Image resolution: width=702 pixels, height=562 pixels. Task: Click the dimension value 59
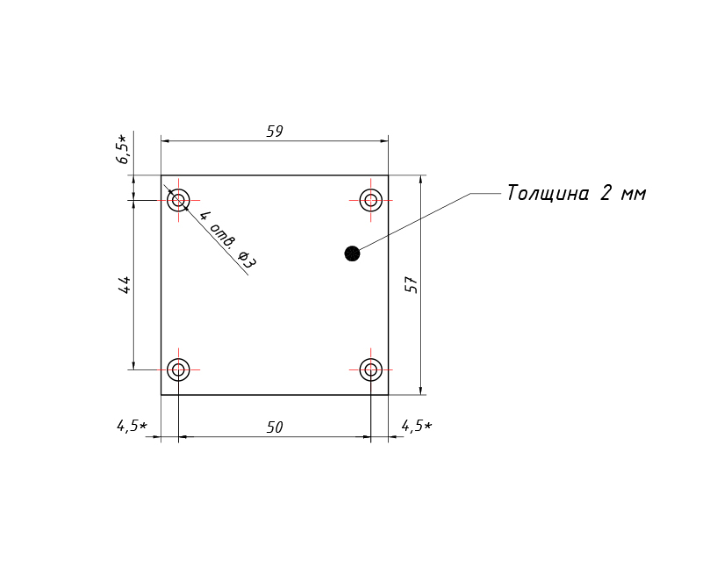tap(274, 131)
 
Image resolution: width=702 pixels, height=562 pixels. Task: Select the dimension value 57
tap(411, 285)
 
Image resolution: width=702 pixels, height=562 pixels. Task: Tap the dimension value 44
tap(124, 285)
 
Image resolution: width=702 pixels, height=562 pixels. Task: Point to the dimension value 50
tap(274, 427)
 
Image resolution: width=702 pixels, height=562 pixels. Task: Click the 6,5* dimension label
tap(122, 149)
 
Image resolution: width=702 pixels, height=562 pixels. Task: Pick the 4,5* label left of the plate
tap(132, 426)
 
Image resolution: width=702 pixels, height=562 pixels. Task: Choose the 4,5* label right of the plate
tap(417, 426)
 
